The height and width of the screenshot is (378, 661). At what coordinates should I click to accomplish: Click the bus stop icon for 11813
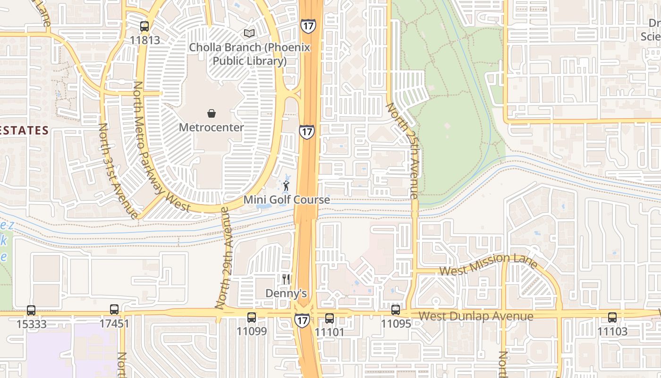click(x=144, y=26)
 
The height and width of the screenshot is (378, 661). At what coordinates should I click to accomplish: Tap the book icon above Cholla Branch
click(x=249, y=33)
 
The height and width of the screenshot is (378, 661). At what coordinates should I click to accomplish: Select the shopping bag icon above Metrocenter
click(x=211, y=113)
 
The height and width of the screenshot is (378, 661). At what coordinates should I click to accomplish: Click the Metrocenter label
click(x=211, y=127)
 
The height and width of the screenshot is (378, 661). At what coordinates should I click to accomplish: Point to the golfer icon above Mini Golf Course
click(x=286, y=186)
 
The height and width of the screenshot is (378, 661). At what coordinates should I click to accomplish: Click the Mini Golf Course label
click(x=286, y=199)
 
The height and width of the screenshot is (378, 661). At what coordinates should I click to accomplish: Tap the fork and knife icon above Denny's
click(x=286, y=279)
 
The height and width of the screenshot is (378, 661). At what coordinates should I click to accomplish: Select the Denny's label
click(x=286, y=293)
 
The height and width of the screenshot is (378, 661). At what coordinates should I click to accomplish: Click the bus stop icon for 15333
click(x=31, y=310)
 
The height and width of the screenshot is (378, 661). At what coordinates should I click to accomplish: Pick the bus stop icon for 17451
click(x=114, y=309)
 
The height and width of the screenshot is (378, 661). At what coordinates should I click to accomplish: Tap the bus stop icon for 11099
click(x=252, y=317)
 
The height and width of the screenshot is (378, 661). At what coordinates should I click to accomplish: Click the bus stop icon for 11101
click(x=330, y=318)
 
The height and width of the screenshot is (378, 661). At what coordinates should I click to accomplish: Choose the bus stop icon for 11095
click(x=396, y=310)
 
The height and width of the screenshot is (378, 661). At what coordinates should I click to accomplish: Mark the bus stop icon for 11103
click(x=612, y=317)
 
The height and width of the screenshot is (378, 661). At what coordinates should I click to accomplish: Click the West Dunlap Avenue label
click(x=476, y=316)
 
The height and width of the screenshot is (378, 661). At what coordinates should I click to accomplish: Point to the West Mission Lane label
click(x=489, y=265)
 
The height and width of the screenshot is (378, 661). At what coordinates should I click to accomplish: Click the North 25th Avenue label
click(x=403, y=150)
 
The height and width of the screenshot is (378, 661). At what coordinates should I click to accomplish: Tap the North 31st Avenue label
click(x=118, y=171)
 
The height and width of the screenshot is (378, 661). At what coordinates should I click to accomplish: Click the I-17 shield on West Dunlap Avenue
click(x=302, y=320)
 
